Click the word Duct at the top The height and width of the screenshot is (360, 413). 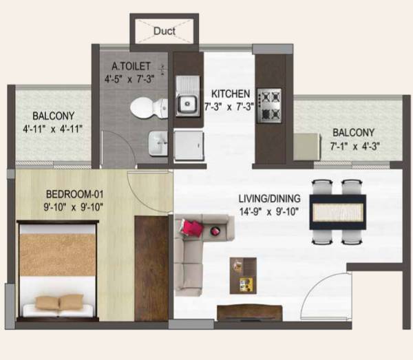coord(164,31)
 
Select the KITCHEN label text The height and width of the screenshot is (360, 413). coord(229,94)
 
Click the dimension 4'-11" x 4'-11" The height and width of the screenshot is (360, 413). coord(52,128)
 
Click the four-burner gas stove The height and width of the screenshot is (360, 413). coord(268,105)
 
